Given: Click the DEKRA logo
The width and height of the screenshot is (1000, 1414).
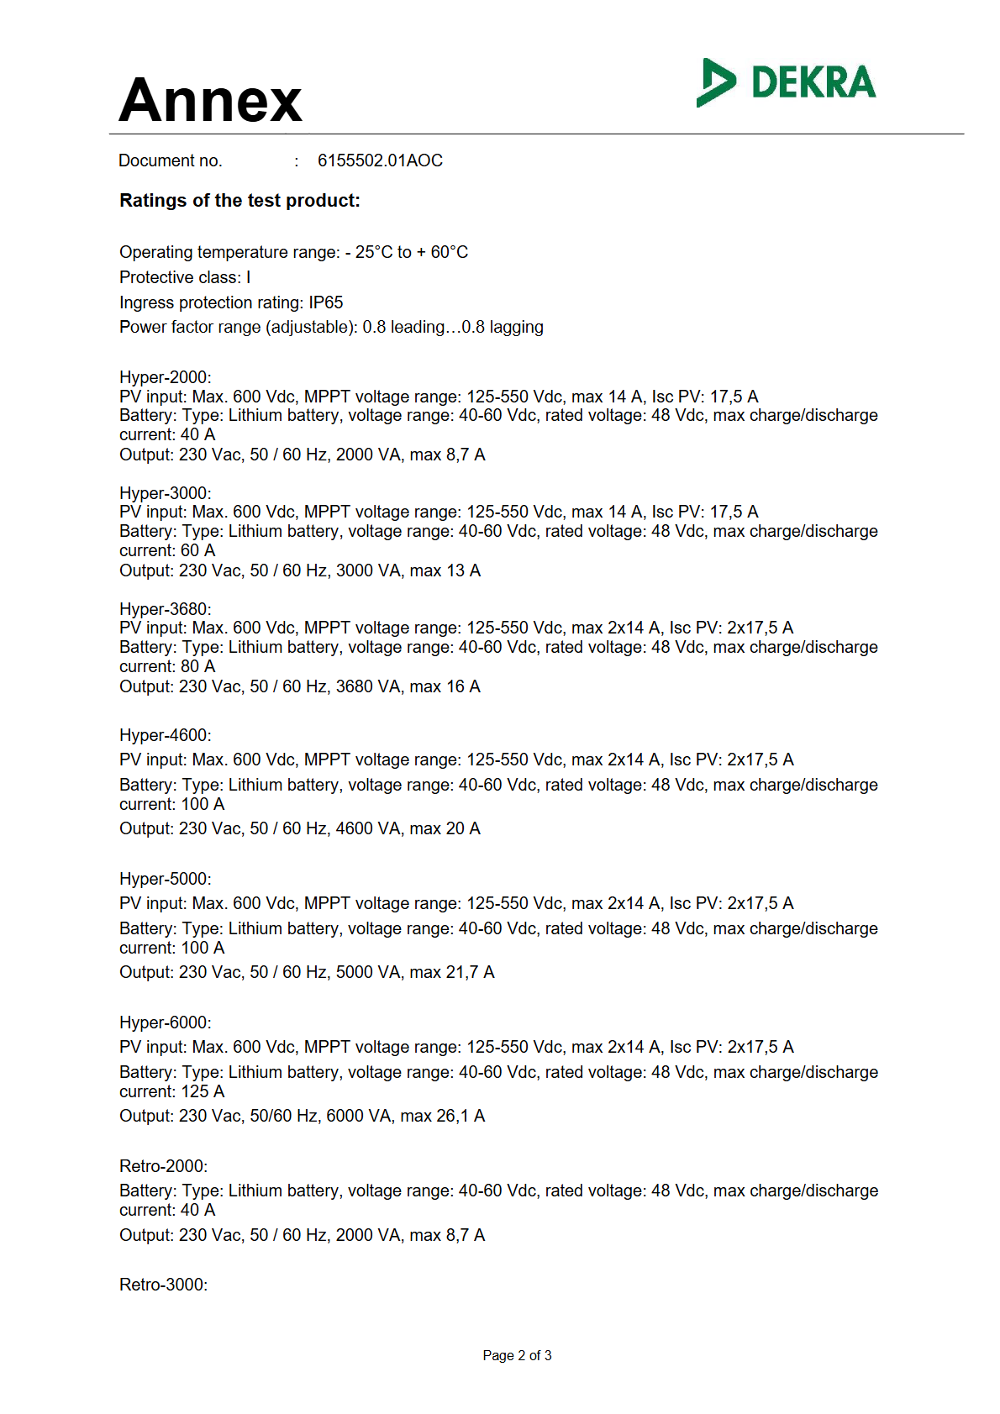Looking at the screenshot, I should pyautogui.click(x=786, y=82).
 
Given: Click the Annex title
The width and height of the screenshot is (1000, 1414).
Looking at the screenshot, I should pyautogui.click(x=210, y=100).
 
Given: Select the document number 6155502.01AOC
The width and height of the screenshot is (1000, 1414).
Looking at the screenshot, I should pyautogui.click(x=380, y=160).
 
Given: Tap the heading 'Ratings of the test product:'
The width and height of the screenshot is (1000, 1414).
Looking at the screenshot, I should pyautogui.click(x=239, y=201).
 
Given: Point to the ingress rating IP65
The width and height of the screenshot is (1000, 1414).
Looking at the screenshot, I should pyautogui.click(x=326, y=302).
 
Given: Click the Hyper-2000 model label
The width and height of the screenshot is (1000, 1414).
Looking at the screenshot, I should pyautogui.click(x=166, y=377).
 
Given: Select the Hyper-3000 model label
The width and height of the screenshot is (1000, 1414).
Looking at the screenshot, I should pyautogui.click(x=166, y=493).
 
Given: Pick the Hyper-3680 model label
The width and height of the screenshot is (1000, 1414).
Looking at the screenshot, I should pyautogui.click(x=166, y=609).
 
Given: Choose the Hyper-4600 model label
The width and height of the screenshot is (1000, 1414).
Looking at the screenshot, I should pyautogui.click(x=166, y=735).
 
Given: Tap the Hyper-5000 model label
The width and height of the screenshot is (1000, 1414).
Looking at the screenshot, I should pyautogui.click(x=166, y=879).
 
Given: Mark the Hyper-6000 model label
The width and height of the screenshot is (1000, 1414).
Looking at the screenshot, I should pyautogui.click(x=166, y=1022).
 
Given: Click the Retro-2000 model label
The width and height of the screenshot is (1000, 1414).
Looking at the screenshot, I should pyautogui.click(x=163, y=1166).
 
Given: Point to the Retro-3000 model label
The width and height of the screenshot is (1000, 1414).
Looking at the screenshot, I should pyautogui.click(x=163, y=1285).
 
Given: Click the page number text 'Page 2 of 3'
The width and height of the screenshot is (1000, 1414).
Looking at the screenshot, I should pyautogui.click(x=517, y=1355).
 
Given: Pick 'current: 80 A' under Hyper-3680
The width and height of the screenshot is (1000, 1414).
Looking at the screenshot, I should pyautogui.click(x=167, y=666).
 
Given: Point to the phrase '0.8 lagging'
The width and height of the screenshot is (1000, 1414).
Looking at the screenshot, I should pyautogui.click(x=503, y=327).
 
